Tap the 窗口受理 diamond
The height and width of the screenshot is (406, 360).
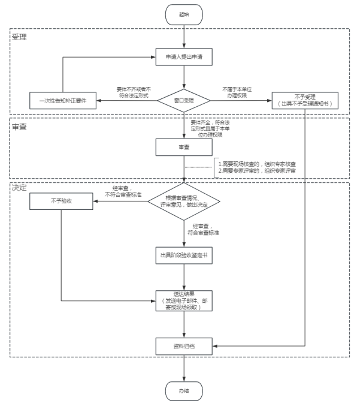[x=184, y=100]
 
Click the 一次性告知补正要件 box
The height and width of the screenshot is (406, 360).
[x=63, y=100]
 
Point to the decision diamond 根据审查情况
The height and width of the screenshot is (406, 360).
[x=184, y=203]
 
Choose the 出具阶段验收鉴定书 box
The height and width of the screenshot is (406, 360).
[x=184, y=254]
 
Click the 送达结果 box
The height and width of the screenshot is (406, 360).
[x=184, y=300]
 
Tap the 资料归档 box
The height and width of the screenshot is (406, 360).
[x=184, y=346]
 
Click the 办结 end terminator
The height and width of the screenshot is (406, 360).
[x=184, y=390]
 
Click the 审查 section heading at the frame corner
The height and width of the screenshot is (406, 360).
[x=20, y=127]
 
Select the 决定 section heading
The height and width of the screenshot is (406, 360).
[x=20, y=187]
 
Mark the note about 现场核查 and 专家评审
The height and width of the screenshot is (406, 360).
[x=257, y=167]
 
